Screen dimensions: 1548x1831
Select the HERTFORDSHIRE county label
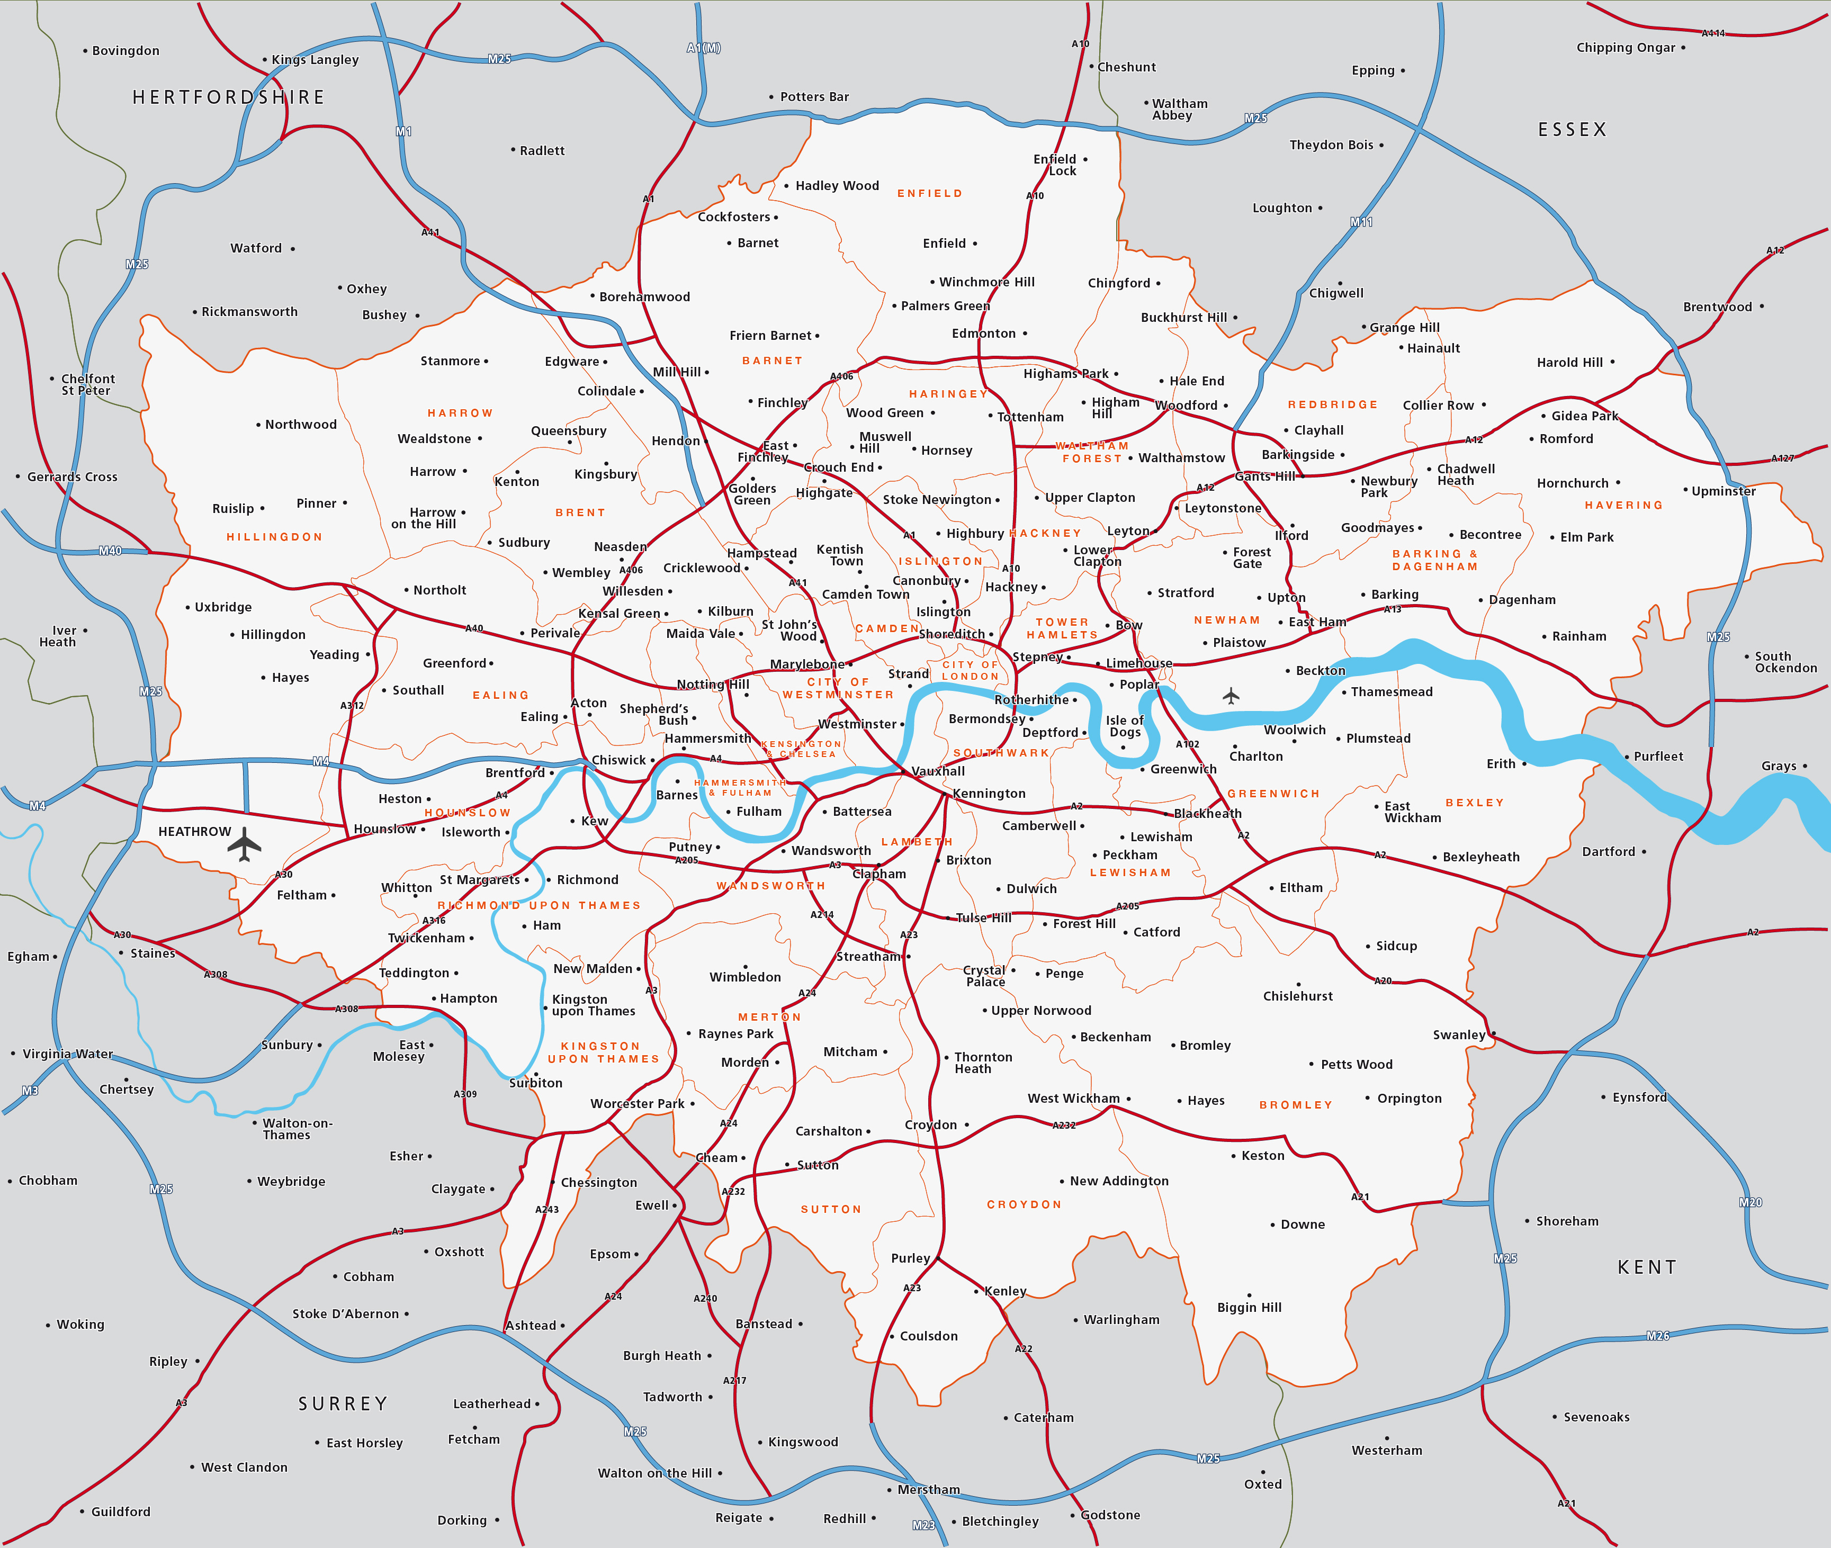point(228,97)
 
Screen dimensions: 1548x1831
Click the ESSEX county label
point(1571,130)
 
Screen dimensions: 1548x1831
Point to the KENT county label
point(1647,1267)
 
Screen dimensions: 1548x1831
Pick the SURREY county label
point(343,1404)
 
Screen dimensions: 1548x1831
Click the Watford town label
point(256,248)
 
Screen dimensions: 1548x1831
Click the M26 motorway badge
point(1657,1336)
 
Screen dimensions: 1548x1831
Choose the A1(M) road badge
point(703,48)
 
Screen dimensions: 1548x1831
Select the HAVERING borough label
point(1623,506)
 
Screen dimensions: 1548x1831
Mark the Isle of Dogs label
point(1125,726)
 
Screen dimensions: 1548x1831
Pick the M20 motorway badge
point(1749,1202)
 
